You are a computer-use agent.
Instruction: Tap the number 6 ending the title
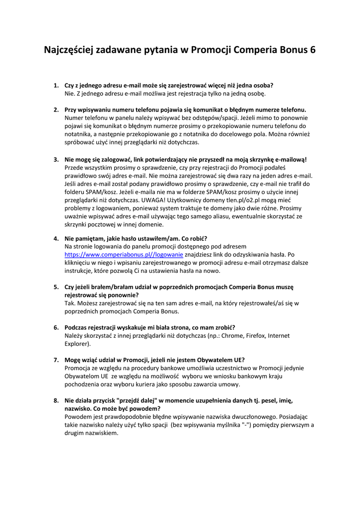(x=312, y=50)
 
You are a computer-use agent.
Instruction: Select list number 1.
(x=56, y=85)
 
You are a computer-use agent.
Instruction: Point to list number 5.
(x=56, y=287)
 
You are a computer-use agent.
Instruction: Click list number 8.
(x=56, y=400)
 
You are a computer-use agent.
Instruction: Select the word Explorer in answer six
(x=76, y=343)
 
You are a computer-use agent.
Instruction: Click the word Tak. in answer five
(x=70, y=303)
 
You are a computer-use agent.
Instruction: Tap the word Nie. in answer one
(x=70, y=93)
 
